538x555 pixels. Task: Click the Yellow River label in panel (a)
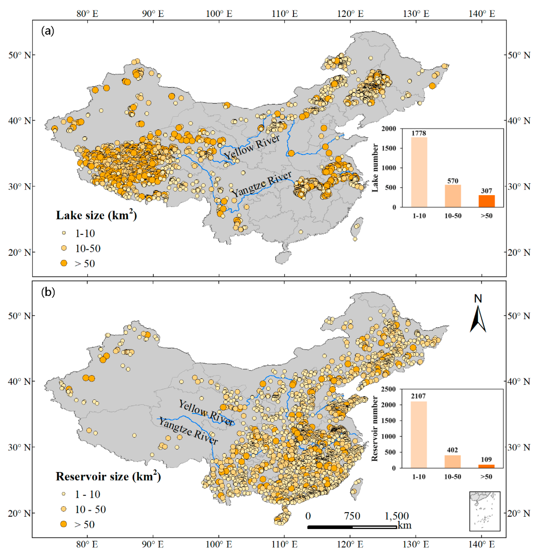pos(252,147)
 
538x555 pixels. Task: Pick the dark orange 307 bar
pos(487,201)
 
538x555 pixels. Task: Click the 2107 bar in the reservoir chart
pos(419,434)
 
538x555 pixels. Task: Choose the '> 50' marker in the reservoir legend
pos(64,524)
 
